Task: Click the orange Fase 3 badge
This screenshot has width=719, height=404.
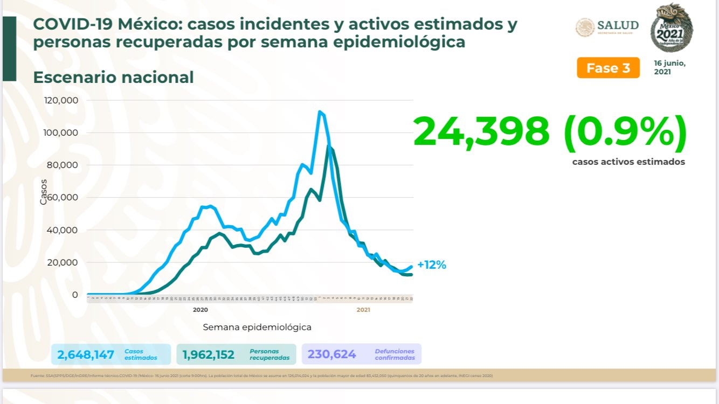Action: coord(608,68)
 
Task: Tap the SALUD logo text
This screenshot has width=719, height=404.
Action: coord(617,25)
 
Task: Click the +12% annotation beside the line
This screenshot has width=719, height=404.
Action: coord(431,265)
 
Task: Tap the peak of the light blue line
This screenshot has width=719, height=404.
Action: coord(320,112)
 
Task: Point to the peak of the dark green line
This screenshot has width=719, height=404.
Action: coord(329,147)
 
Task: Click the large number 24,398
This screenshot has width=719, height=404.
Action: coord(481,131)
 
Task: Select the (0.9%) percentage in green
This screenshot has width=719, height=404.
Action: coord(625,131)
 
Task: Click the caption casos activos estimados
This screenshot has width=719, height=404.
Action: coord(628,162)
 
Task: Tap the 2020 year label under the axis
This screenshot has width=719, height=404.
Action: coord(200,310)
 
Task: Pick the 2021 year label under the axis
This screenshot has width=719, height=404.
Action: coord(363,310)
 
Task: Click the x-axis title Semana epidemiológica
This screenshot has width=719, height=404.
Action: coord(257,327)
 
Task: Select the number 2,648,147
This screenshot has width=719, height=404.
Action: coord(86,354)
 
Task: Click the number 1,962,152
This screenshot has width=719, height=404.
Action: coord(208,354)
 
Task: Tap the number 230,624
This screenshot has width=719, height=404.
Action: coord(331,354)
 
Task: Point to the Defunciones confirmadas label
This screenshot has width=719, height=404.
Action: coord(395,354)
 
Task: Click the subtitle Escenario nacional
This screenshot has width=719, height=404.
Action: coord(113,77)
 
